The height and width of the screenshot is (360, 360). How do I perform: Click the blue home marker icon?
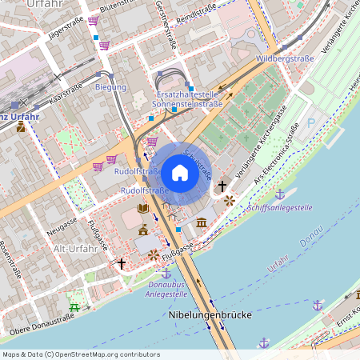pyautogui.click(x=179, y=173)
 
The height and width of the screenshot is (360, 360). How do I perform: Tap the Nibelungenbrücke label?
pyautogui.click(x=211, y=315)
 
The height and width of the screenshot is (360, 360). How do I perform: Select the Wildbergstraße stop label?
pyautogui.click(x=284, y=59)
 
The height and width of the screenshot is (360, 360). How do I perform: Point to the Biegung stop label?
pyautogui.click(x=110, y=86)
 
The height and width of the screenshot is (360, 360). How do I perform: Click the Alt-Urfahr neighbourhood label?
pyautogui.click(x=75, y=249)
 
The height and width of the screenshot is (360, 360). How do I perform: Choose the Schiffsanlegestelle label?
pyautogui.click(x=280, y=207)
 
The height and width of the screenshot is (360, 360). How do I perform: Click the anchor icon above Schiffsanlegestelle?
pyautogui.click(x=280, y=194)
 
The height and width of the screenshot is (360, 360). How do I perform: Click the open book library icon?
pyautogui.click(x=143, y=209)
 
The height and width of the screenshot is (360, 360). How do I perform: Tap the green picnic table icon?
pyautogui.click(x=75, y=304)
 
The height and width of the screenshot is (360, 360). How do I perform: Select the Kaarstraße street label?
pyautogui.click(x=66, y=94)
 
